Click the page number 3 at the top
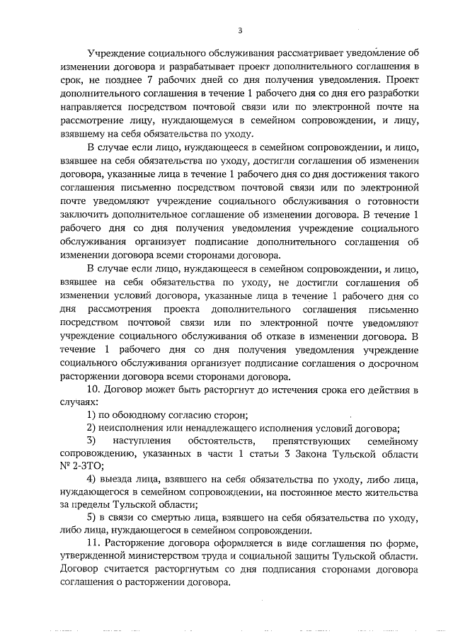tap(240, 30)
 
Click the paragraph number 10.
tap(93, 390)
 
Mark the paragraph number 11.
tap(93, 543)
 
